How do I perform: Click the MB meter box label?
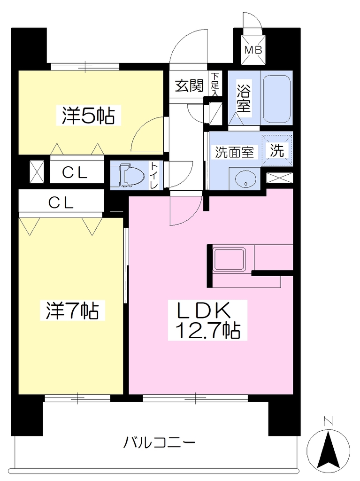point(253,50)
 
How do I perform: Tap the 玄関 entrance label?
point(189,85)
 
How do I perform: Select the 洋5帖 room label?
point(88,116)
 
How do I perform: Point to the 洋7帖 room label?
point(72,310)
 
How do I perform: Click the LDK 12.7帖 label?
point(207,320)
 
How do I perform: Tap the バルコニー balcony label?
point(159,442)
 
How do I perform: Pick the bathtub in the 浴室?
point(276,98)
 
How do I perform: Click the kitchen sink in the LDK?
point(230,259)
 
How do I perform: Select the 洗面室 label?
point(235,152)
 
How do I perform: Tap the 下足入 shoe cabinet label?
point(215,85)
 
